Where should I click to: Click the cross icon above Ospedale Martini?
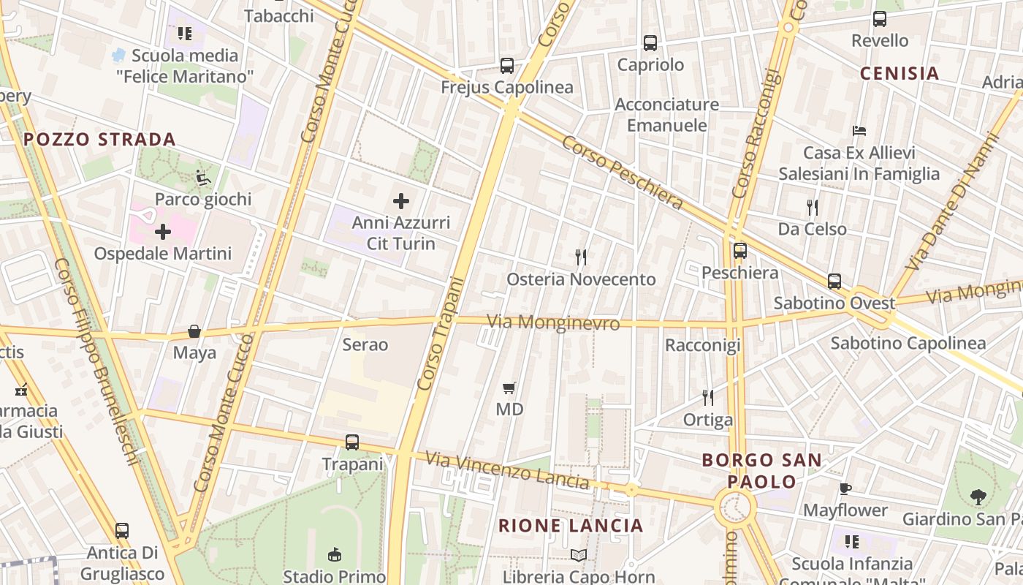point(163,233)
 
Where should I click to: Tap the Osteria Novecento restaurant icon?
point(581,257)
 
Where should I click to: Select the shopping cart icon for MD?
point(509,388)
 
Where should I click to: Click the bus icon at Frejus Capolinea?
point(507,65)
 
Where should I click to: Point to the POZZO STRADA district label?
point(99,140)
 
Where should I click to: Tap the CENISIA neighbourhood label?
point(900,73)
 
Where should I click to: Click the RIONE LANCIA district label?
point(571,525)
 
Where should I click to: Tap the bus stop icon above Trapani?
point(352,442)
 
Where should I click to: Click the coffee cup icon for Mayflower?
point(845,488)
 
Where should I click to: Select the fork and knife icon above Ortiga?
point(707,397)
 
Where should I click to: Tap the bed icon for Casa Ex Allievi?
point(859,131)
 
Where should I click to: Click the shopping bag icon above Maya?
point(194,331)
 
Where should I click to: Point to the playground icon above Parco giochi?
point(203,177)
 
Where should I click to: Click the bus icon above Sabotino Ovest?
point(834,281)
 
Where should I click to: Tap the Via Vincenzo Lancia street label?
point(507,471)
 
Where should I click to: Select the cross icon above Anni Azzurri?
point(401,200)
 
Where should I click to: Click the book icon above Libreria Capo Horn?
point(579,556)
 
